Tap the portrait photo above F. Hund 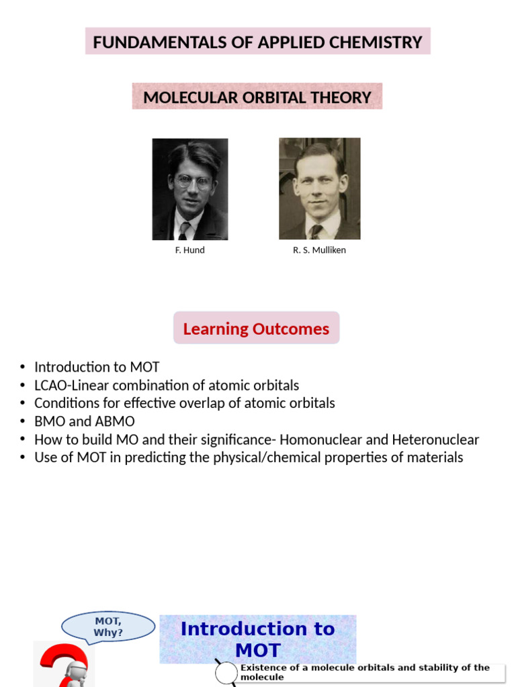click(x=189, y=189)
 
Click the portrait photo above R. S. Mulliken click(x=319, y=189)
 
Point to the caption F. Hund click(x=189, y=250)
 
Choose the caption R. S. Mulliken click(x=319, y=250)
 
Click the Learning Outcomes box click(x=256, y=329)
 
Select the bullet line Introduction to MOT click(x=97, y=367)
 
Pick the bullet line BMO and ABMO click(x=85, y=421)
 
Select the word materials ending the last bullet click(x=434, y=458)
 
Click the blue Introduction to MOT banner click(x=257, y=639)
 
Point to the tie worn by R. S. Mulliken click(x=316, y=231)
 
